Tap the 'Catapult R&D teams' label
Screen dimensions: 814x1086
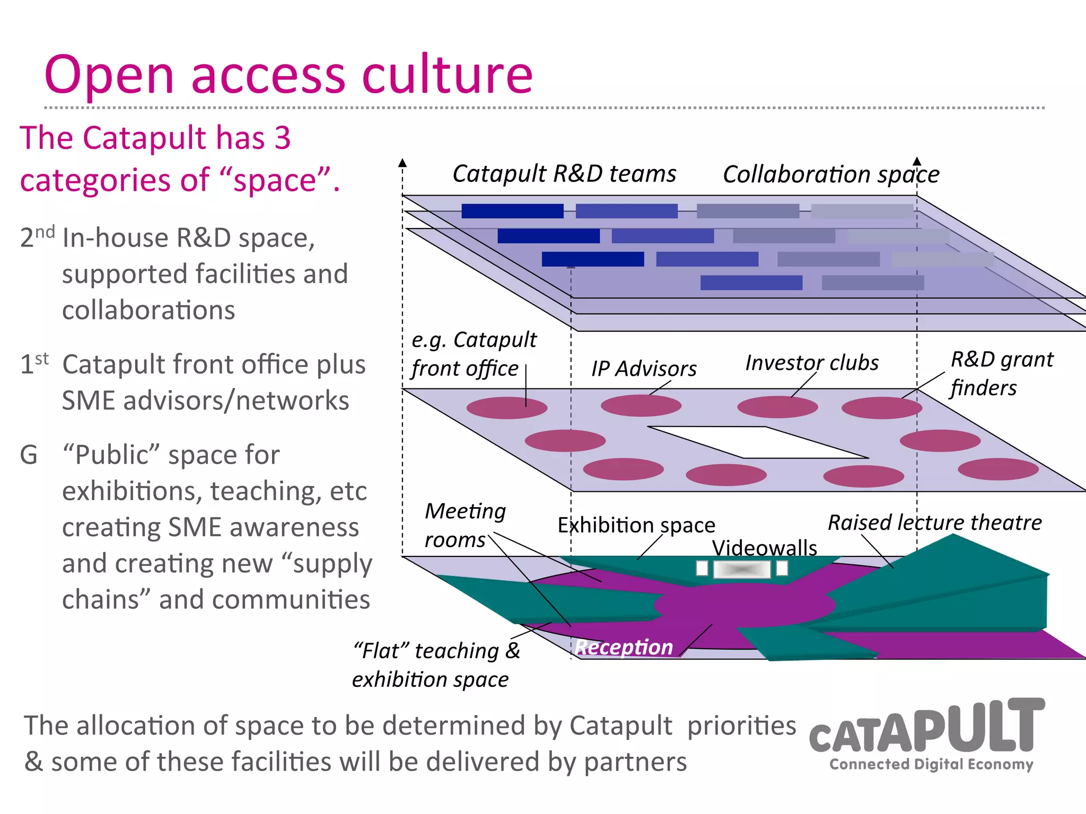564,174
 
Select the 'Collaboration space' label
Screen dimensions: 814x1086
830,174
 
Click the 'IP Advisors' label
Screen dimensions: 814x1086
644,369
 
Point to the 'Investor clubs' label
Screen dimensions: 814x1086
811,363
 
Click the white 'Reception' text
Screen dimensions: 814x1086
624,647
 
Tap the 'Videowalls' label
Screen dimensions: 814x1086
764,547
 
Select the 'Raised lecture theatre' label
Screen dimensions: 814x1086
934,523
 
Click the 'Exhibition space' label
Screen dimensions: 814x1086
636,525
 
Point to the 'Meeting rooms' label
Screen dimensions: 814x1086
465,525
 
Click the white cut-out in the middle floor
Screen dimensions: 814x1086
758,442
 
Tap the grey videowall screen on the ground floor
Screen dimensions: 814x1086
741,569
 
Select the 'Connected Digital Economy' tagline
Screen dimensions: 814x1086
931,764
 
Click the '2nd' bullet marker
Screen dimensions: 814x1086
37,236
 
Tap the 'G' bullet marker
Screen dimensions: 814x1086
29,455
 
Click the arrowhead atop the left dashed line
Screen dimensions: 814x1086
402,162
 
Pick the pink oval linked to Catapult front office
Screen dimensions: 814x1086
506,408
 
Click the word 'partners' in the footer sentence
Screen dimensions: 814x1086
635,762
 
